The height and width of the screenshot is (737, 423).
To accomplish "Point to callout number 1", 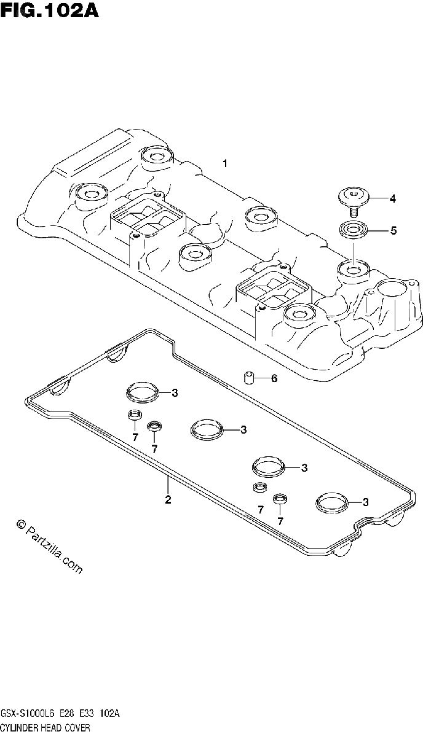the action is (226, 163).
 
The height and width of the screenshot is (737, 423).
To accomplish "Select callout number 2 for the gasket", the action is (168, 499).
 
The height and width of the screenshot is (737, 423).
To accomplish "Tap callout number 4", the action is (392, 199).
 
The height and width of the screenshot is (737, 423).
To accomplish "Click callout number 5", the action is (393, 231).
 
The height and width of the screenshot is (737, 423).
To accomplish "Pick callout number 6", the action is (274, 378).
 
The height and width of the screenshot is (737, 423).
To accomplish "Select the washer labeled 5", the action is (352, 230).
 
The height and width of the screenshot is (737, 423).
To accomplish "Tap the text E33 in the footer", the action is (89, 713).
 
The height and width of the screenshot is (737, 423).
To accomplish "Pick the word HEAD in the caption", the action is (50, 728).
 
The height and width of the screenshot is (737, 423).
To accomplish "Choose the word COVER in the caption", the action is (77, 728).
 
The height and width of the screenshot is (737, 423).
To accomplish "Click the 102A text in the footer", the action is (109, 713).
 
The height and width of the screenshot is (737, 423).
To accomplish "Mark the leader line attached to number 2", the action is (168, 485).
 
